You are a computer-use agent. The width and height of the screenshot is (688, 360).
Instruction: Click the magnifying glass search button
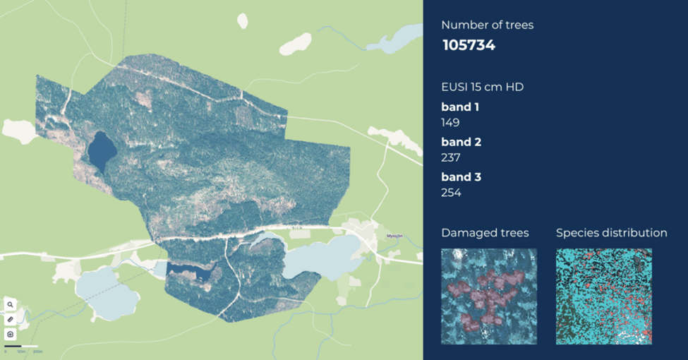point(11,305)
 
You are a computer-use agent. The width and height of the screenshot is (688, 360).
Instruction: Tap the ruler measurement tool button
point(11,320)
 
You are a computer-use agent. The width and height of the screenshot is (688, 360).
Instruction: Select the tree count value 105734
point(469,46)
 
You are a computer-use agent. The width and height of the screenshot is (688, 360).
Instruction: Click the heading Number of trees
point(487,25)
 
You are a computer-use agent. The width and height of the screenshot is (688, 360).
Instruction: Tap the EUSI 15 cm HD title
point(482,87)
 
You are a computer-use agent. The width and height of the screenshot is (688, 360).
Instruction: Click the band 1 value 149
point(450,122)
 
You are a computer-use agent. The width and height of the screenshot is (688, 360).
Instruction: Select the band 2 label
point(461,142)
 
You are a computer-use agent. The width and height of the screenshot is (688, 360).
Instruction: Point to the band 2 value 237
point(451,157)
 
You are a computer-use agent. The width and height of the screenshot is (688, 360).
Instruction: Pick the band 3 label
point(461,177)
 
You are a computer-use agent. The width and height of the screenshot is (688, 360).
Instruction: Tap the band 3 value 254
point(451,193)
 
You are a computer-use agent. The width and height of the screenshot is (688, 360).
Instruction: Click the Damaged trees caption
point(485,232)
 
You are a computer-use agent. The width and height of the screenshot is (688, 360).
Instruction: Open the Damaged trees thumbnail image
point(489,296)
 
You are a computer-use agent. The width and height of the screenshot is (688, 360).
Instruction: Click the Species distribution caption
point(611,232)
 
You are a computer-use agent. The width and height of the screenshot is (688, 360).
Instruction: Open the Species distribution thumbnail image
point(603,296)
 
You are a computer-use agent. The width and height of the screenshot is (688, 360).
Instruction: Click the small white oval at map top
point(243,21)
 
